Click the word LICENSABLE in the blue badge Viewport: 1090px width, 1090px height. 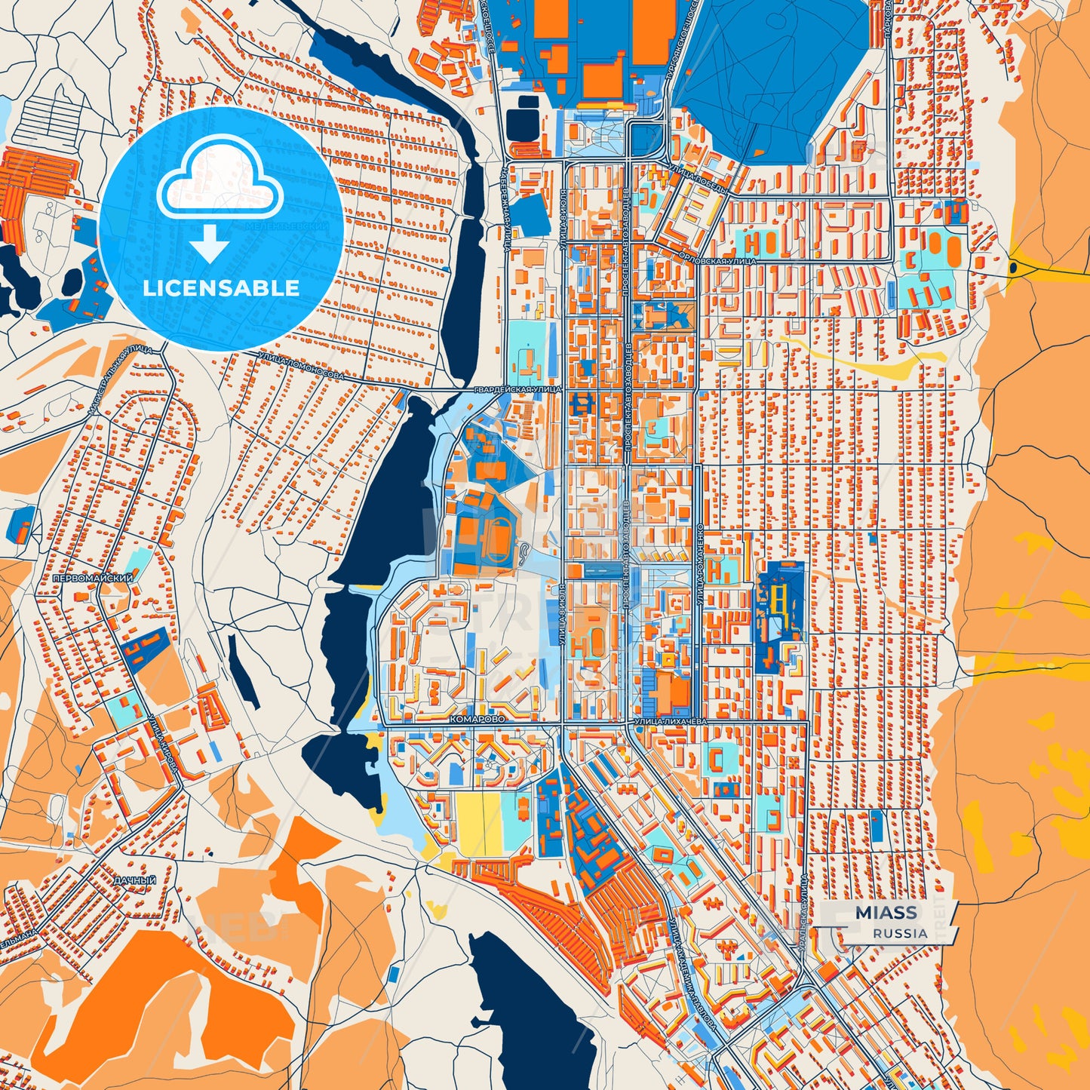tap(221, 288)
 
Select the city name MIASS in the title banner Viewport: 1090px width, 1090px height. tap(886, 913)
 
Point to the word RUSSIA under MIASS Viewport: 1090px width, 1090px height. tap(901, 933)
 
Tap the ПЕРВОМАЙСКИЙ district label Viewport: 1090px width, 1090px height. tap(94, 579)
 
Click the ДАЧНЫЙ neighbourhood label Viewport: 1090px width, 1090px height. tap(135, 880)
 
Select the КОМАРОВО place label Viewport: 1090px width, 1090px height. tap(476, 720)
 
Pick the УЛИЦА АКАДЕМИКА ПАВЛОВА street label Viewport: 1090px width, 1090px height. tap(690, 973)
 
